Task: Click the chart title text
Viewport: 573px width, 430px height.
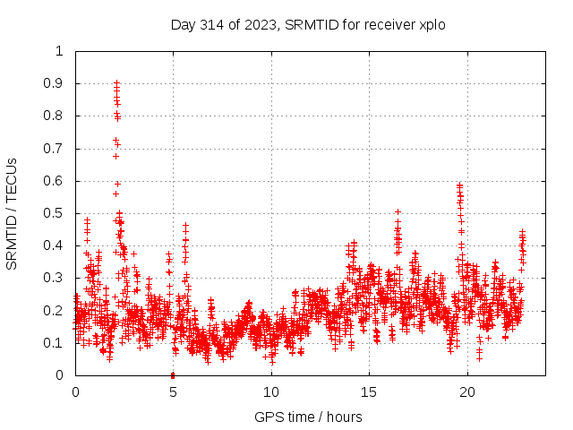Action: tap(308, 25)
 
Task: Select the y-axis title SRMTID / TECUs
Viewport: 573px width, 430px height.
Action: tap(13, 213)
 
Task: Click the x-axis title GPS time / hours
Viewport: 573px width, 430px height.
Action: tap(308, 417)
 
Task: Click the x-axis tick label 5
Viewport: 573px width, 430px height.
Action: tap(173, 392)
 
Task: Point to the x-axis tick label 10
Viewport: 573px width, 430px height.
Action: tap(271, 392)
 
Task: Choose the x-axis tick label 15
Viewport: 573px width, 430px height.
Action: tap(369, 392)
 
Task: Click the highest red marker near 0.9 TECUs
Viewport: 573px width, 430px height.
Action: tap(116, 82)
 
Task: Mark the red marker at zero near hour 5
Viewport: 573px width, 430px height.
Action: tap(173, 374)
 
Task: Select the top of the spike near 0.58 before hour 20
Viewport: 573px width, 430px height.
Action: tap(459, 185)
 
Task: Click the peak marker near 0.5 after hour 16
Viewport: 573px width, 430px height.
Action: tap(398, 212)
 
